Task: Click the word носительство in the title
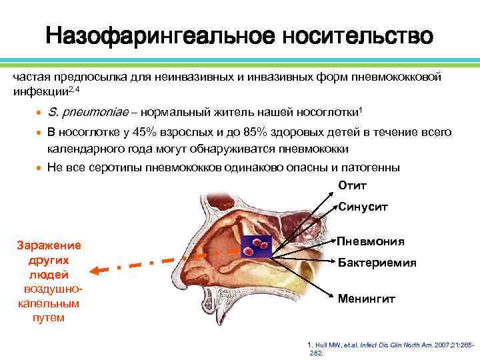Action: coord(357,36)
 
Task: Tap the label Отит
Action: coord(353,185)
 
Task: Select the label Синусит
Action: coord(363,207)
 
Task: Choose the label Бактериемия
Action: coord(377,263)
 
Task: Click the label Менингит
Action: coord(367,299)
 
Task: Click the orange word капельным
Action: coord(47,303)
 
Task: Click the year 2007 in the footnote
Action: coord(443,345)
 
